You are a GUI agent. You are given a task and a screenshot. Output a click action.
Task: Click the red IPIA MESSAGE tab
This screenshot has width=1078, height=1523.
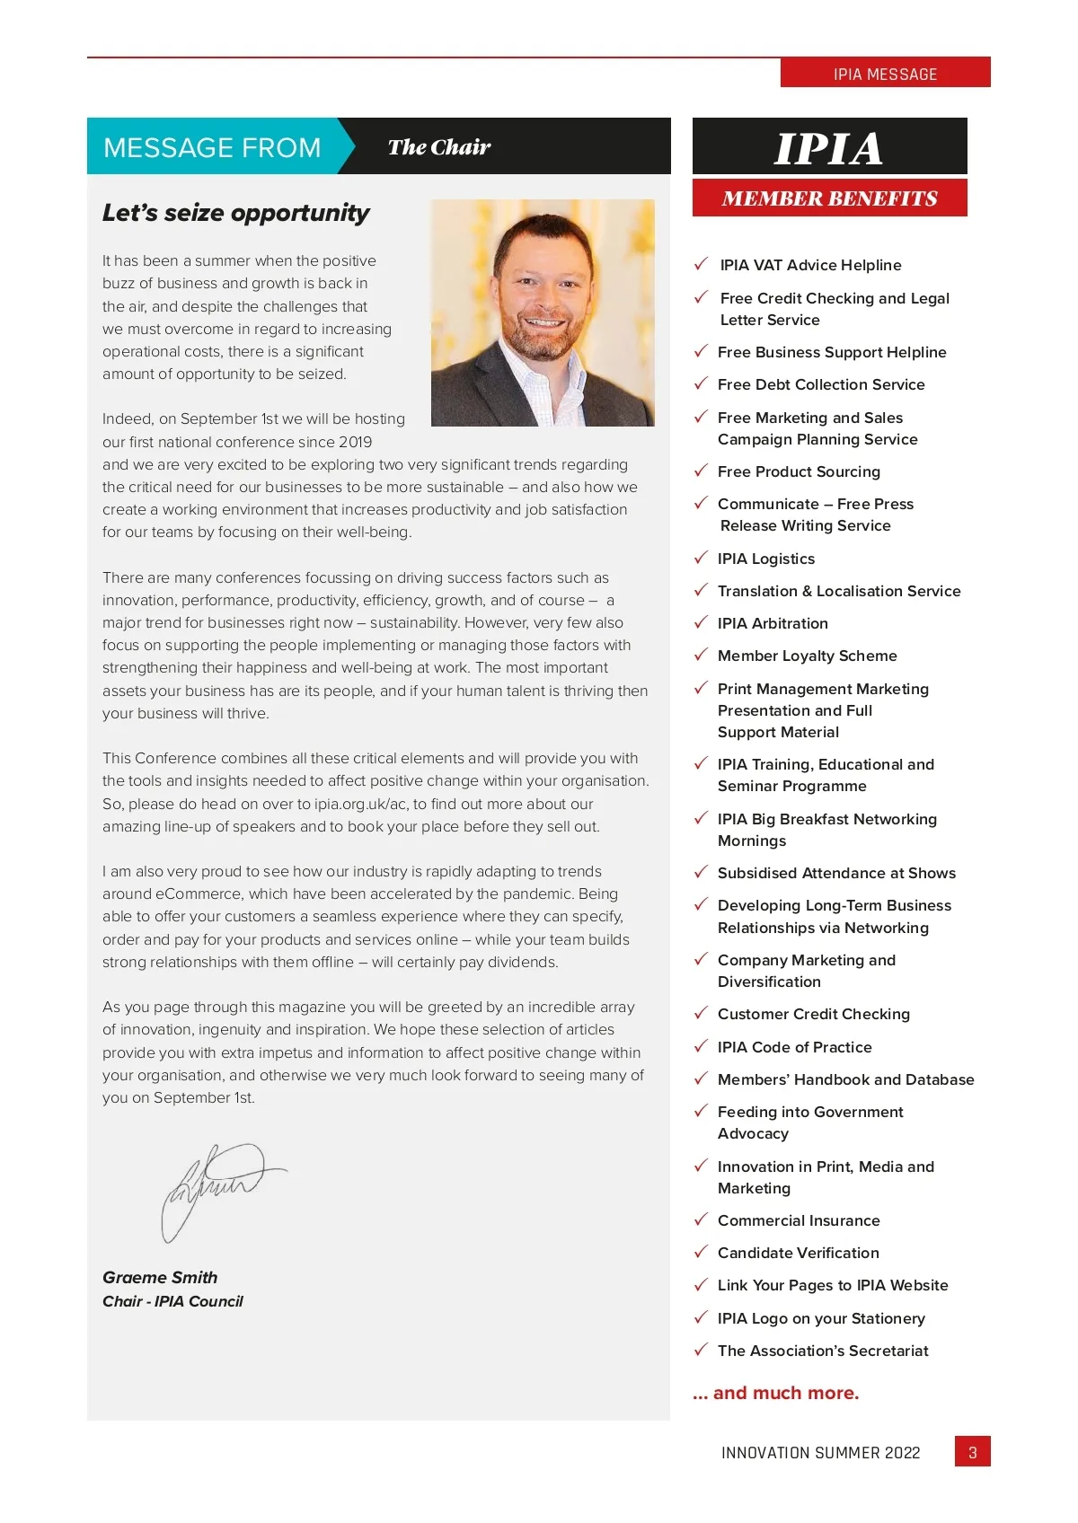(885, 74)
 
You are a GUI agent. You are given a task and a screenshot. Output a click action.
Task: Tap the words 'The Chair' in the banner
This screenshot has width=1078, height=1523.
(439, 147)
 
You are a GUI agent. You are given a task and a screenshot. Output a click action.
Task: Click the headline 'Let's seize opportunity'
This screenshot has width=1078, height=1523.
(235, 213)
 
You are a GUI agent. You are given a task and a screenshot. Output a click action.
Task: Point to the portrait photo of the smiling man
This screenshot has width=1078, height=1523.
(543, 313)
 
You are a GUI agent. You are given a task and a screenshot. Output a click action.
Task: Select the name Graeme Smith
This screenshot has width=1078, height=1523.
(160, 1277)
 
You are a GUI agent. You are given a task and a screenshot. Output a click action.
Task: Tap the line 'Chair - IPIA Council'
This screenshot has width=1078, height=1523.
(172, 1301)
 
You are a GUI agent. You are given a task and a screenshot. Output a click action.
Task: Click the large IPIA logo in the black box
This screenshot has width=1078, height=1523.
(828, 147)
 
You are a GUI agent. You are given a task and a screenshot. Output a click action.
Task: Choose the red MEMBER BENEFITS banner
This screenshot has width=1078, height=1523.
(829, 198)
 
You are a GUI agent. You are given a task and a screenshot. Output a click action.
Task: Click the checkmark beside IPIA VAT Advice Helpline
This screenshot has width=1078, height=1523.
(701, 264)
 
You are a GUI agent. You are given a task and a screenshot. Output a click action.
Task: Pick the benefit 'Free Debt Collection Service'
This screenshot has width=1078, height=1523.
(821, 384)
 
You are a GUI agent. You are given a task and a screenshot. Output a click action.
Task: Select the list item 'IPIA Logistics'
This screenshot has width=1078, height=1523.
(766, 559)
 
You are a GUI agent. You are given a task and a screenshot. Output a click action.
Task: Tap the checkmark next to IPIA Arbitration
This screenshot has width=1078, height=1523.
(701, 622)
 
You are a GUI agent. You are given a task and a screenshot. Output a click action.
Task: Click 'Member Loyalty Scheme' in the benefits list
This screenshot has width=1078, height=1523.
(807, 656)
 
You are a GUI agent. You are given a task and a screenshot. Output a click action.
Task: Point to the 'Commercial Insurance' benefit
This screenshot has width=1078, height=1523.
(799, 1220)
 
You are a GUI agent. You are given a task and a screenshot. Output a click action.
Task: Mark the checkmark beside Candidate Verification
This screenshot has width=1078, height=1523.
(701, 1252)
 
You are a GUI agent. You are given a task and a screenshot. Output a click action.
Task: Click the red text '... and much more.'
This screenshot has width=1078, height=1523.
(776, 1393)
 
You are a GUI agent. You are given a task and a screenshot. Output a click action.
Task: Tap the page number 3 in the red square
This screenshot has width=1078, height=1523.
(972, 1452)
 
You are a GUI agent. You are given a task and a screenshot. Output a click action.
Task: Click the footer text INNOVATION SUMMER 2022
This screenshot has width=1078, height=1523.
(820, 1453)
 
